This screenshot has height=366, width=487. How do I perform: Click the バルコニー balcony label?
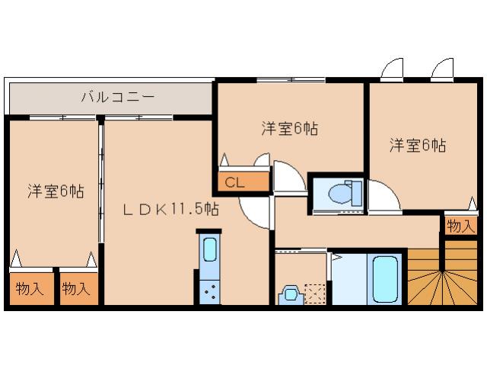tap(118, 98)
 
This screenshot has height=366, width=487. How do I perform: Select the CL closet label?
tap(234, 183)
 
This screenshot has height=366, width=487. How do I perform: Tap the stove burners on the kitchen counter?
tap(209, 291)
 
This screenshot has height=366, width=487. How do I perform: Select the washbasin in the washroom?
tap(290, 294)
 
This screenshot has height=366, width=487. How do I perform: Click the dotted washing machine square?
tap(314, 294)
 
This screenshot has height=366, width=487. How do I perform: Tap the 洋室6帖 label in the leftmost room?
tap(56, 191)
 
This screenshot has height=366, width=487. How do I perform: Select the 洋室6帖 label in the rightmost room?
tap(419, 145)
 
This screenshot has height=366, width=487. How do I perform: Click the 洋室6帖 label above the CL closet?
tap(289, 128)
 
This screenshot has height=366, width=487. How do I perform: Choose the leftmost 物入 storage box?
tap(29, 289)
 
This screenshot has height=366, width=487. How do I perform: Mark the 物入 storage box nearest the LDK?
tap(76, 289)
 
